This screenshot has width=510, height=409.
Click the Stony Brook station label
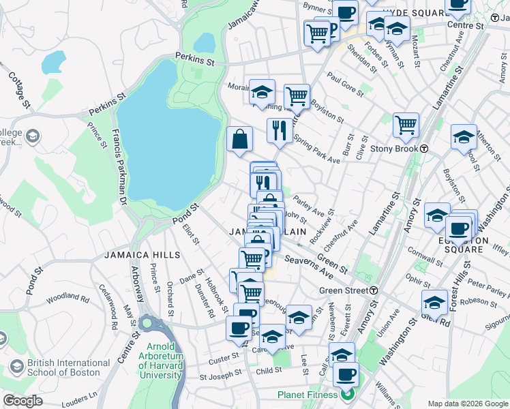tap(393, 149)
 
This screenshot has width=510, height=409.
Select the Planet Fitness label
tap(307, 395)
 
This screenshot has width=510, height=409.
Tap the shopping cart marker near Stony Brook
tap(406, 125)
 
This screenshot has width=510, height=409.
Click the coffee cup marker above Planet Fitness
tap(346, 374)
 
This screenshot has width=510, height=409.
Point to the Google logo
tap(22, 401)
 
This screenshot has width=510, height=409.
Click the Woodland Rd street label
tap(67, 299)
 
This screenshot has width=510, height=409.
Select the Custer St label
tap(223, 359)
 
